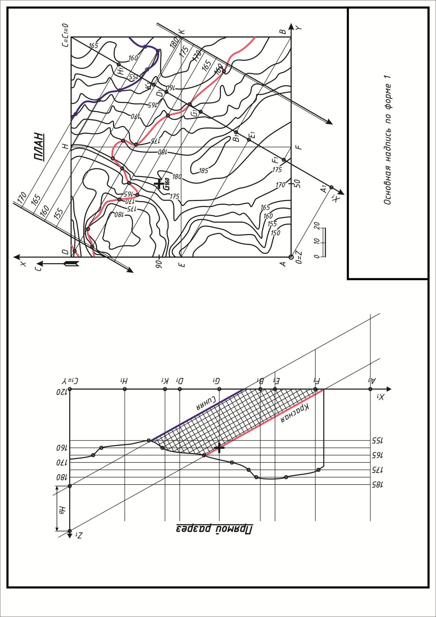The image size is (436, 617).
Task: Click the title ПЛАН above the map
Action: [x=40, y=147]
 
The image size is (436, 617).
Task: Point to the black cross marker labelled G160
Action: [x=159, y=183]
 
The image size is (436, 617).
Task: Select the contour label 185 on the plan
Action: [x=203, y=171]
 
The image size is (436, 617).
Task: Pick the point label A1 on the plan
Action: [x=324, y=189]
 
